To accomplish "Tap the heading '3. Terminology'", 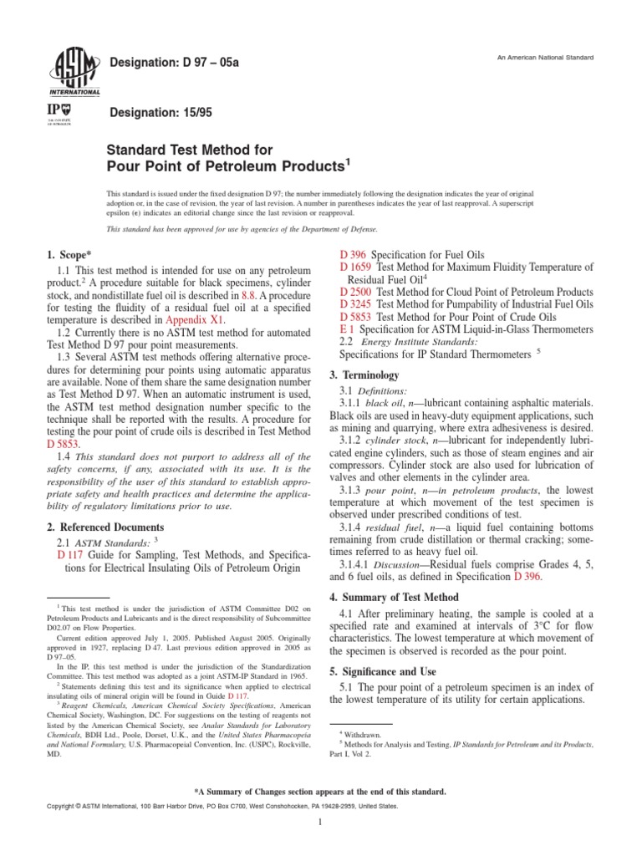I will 369,374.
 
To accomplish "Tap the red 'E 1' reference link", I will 348,330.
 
